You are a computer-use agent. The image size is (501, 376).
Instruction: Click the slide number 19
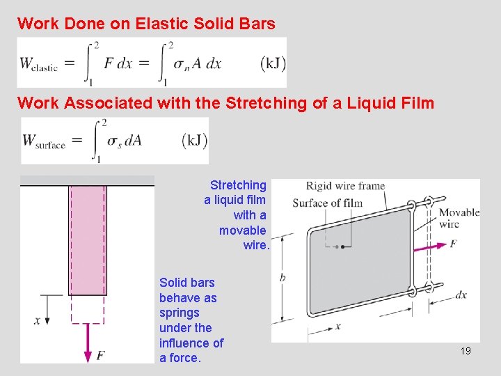[466, 351]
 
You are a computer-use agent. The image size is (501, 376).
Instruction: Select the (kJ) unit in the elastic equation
[272, 63]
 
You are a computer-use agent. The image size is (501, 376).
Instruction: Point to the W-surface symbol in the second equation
[44, 141]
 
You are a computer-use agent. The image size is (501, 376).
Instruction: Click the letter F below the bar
[100, 356]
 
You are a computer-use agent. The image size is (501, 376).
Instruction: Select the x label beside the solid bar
[37, 321]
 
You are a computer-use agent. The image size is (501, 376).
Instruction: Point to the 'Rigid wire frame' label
[345, 186]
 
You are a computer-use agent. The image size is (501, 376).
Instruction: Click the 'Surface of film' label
[327, 203]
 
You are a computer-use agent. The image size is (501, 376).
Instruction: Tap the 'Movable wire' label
[459, 218]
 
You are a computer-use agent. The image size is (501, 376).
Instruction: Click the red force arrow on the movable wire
[431, 245]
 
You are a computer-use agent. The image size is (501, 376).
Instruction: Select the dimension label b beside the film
[282, 276]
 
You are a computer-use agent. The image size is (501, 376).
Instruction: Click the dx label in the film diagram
[460, 295]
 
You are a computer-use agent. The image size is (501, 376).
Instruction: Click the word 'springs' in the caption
[179, 313]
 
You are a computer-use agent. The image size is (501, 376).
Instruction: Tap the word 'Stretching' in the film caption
[238, 185]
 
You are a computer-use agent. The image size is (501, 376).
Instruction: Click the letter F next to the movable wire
[454, 244]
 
